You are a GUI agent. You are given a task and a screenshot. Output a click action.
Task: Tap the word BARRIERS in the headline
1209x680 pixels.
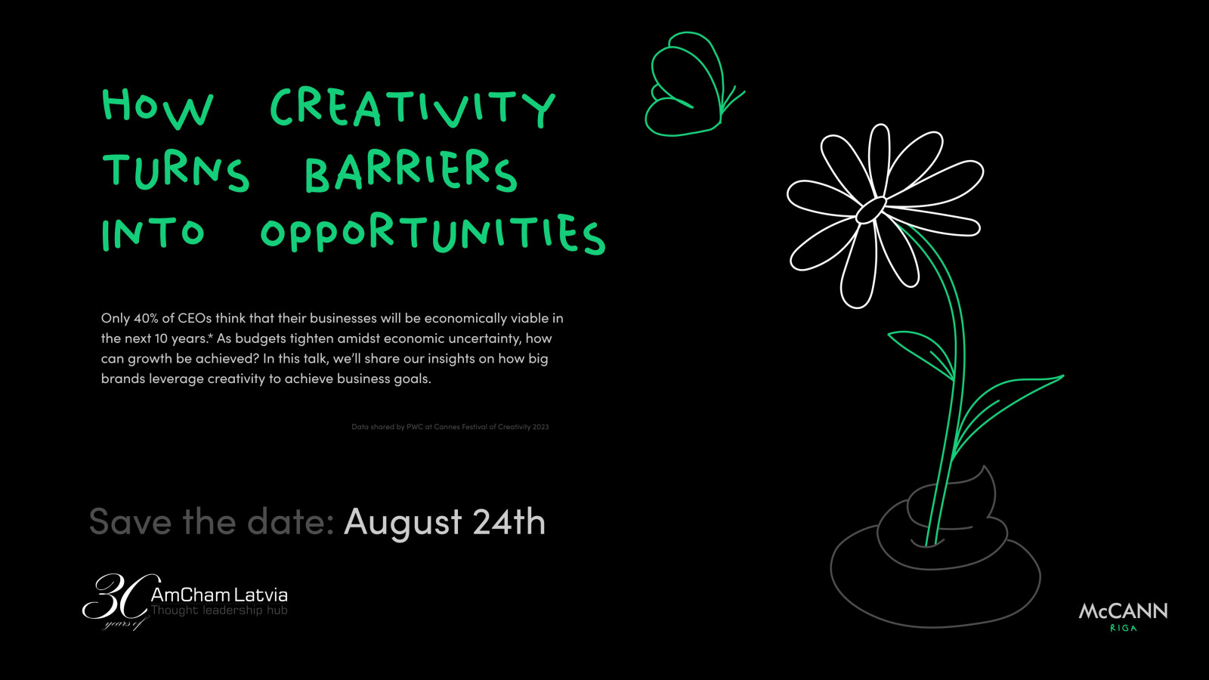point(411,171)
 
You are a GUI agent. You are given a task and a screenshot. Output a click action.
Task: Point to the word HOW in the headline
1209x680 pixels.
point(158,109)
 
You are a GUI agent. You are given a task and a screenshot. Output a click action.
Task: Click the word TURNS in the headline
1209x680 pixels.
point(176,172)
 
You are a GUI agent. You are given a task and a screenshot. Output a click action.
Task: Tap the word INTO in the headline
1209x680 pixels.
point(153,233)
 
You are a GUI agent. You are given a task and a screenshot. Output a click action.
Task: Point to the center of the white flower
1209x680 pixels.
point(870,210)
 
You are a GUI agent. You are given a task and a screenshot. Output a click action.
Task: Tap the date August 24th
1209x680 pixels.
point(444,522)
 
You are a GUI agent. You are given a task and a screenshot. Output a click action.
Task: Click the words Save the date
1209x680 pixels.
point(212,521)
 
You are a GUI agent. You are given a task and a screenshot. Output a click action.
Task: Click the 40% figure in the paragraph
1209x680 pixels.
point(146,318)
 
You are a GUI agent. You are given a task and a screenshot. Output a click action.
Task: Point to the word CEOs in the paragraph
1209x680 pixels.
point(195,318)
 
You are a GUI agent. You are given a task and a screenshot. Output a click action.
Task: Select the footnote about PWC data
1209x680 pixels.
point(450,426)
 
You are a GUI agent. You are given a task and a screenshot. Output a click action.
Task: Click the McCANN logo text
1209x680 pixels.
point(1123,611)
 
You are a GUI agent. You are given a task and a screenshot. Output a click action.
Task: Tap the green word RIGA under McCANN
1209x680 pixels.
point(1123,628)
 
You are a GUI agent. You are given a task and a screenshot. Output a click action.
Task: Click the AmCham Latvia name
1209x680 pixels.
point(219,595)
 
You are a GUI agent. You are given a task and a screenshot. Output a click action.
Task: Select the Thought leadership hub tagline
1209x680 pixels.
point(219,610)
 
